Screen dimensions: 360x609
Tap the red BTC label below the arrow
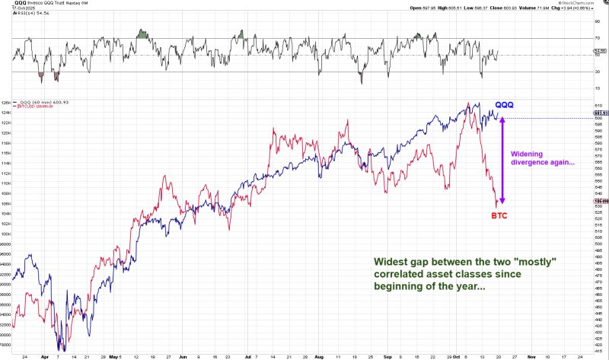(499, 215)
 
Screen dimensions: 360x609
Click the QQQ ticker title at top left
(21, 3)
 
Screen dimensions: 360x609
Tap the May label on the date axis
(114, 356)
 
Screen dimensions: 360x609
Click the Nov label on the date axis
(531, 356)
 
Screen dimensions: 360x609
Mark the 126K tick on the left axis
(6, 103)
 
